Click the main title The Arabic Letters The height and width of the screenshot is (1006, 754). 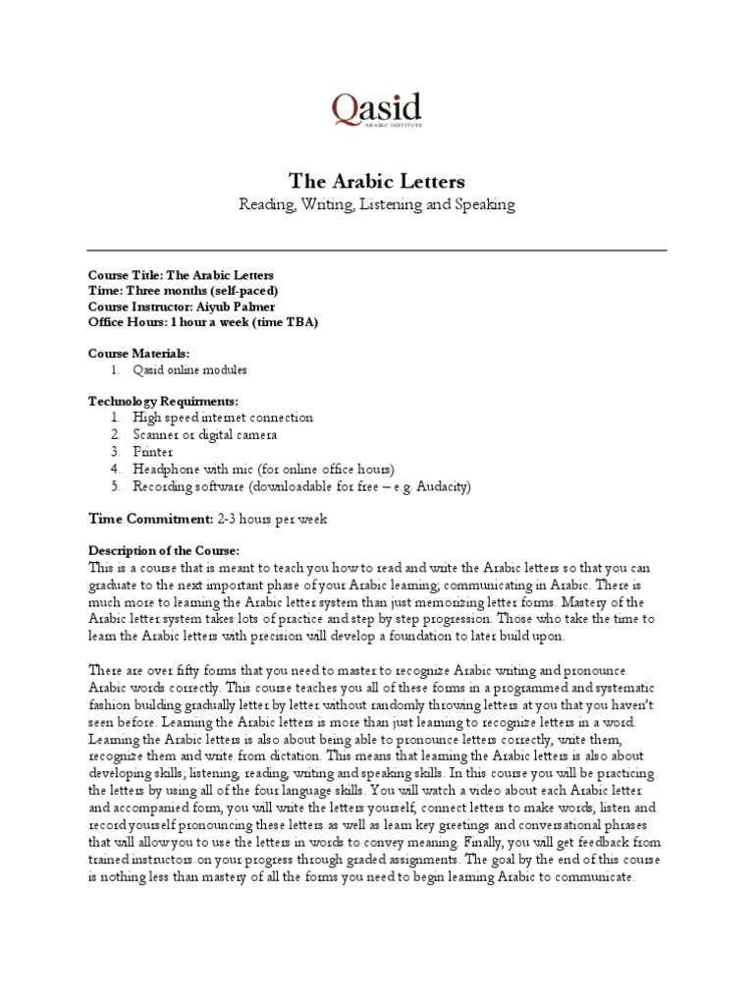(x=376, y=182)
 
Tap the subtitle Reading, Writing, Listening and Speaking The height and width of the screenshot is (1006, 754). (x=376, y=204)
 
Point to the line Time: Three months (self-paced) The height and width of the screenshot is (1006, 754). (x=184, y=291)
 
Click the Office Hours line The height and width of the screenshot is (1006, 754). (x=202, y=321)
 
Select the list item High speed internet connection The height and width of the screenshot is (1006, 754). (x=223, y=418)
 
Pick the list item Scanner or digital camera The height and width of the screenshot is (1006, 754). (x=205, y=434)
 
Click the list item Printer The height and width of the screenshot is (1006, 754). (x=154, y=452)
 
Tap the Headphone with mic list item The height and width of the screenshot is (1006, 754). (x=263, y=470)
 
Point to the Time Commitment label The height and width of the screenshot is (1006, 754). (x=150, y=518)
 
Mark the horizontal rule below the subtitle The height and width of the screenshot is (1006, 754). (x=376, y=250)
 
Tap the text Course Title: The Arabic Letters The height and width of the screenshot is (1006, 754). (x=181, y=275)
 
